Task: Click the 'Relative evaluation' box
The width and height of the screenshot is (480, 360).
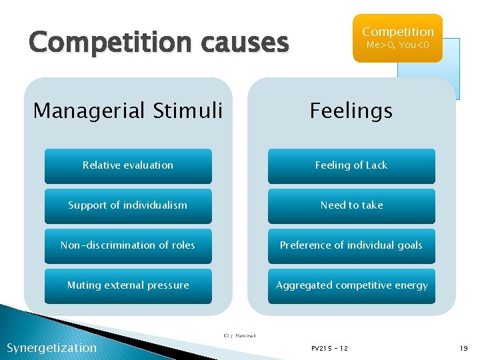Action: coord(128,165)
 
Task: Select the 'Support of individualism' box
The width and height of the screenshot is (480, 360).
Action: coord(128,205)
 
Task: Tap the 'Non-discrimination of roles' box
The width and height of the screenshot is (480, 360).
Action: coord(128,245)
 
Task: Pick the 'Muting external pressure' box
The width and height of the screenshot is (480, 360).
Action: coord(128,285)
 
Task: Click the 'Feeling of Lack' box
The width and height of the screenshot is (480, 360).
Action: coord(351,165)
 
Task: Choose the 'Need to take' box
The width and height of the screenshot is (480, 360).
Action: coord(351,205)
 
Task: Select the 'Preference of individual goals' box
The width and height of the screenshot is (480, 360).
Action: coord(351,245)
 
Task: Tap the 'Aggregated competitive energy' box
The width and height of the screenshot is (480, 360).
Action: coord(351,285)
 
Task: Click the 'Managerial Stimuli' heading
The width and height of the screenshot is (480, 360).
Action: coord(128,110)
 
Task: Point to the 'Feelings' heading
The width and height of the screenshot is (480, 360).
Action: coord(351,110)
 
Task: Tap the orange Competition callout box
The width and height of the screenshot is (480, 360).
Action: coord(397,38)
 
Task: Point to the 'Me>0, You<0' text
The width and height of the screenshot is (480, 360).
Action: coord(397,45)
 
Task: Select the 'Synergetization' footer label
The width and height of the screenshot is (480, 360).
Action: coord(51,347)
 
